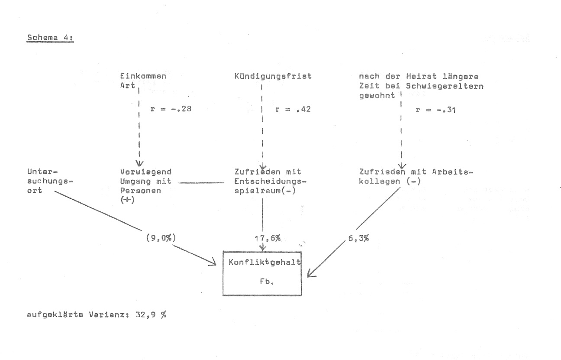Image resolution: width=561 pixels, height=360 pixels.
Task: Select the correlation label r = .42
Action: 293,109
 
